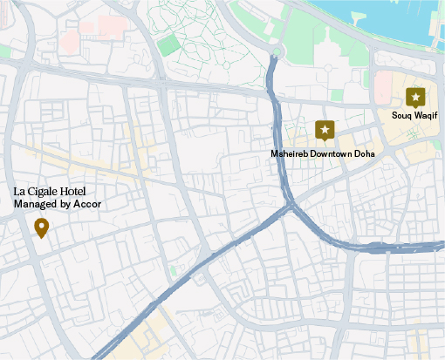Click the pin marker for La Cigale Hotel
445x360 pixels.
point(41,228)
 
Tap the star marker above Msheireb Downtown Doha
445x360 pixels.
point(325,131)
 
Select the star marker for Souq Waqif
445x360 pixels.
point(416,97)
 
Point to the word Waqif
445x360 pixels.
point(426,115)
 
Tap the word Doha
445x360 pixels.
point(366,153)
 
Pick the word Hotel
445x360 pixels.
point(77,192)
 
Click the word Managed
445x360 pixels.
point(34,205)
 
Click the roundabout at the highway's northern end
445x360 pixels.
point(274,58)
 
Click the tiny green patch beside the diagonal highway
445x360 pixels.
point(173,271)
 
